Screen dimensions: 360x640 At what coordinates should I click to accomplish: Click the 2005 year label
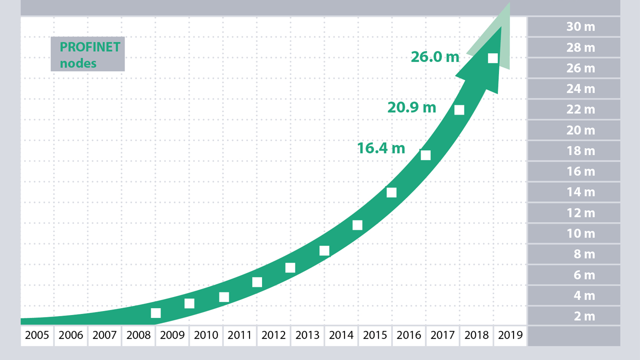coord(36,335)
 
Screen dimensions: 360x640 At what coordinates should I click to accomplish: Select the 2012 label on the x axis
coord(273,335)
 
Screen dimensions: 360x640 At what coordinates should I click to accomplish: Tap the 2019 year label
coord(510,335)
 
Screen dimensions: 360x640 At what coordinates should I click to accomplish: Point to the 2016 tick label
coord(408,335)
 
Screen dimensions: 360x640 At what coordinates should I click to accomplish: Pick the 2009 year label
coord(172,335)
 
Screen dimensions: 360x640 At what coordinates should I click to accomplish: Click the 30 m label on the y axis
coord(580,27)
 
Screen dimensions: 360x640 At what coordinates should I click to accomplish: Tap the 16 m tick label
coord(580,172)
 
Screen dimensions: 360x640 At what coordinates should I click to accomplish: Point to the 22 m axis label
coord(580,110)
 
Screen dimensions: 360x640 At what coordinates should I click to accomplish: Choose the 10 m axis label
coord(580,234)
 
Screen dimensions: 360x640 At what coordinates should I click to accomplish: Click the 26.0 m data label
coord(434,57)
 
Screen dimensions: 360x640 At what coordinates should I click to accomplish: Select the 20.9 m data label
coord(411,107)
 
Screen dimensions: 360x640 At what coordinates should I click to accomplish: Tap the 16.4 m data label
coord(381,148)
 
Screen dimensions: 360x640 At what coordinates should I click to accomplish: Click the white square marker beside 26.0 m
coord(492,58)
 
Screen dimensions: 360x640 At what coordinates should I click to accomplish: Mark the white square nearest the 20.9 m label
coord(459,110)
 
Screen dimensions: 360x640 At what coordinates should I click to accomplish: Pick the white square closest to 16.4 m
coord(425,155)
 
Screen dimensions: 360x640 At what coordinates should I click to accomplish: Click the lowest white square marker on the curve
coord(155,313)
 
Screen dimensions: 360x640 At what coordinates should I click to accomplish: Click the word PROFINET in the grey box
coord(90,47)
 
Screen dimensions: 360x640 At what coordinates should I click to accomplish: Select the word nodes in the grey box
coord(78,63)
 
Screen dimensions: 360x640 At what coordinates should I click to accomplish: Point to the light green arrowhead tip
coord(508,4)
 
